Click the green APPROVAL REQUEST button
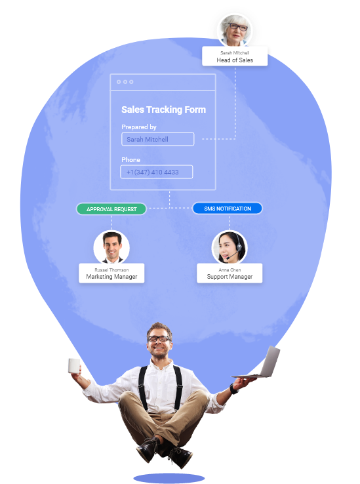click(111, 209)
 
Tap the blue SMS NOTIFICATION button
click(228, 209)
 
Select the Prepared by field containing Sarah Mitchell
click(158, 139)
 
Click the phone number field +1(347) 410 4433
click(157, 172)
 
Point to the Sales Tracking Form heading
click(164, 110)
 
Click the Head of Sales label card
click(235, 56)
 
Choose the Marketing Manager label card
click(111, 273)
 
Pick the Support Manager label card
click(230, 273)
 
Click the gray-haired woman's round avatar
click(235, 30)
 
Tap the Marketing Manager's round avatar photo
click(111, 247)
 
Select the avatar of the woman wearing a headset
click(230, 247)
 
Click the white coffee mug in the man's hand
click(74, 366)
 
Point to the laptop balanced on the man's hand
click(260, 363)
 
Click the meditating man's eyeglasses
click(159, 338)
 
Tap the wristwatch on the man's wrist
click(233, 389)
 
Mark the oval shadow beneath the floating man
click(169, 478)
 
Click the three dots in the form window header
click(125, 82)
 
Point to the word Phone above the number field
click(131, 159)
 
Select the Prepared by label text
click(139, 127)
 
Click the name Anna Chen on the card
click(230, 270)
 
